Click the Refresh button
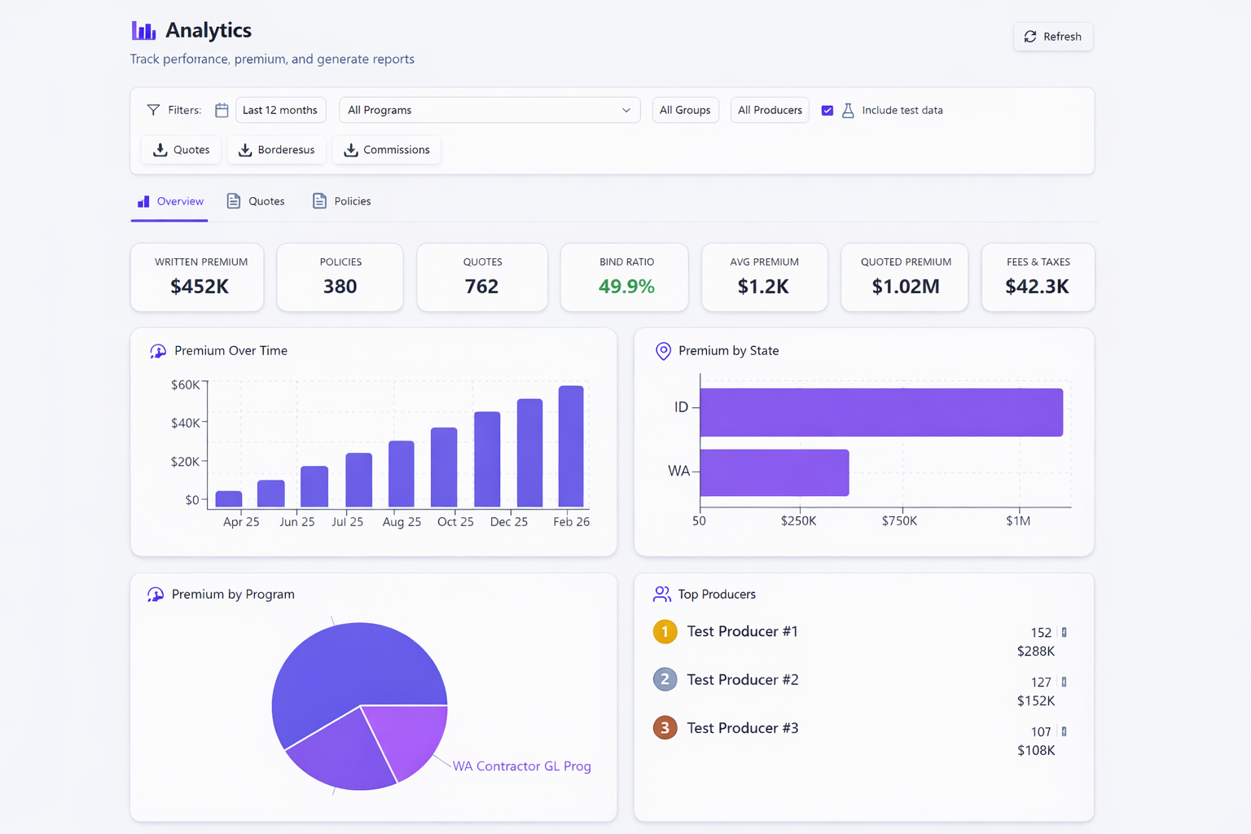(x=1053, y=37)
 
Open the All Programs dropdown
(x=489, y=110)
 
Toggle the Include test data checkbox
(x=827, y=110)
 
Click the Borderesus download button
(x=276, y=150)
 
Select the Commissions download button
(x=386, y=150)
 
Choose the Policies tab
(x=342, y=201)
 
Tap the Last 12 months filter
(x=280, y=110)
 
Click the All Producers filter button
(x=770, y=110)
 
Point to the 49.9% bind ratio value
(x=625, y=287)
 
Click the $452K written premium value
(x=200, y=287)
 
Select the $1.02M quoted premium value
(x=905, y=287)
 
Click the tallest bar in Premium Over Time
(x=571, y=446)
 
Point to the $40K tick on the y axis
(x=185, y=423)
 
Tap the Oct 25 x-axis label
(x=454, y=522)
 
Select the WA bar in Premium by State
(x=774, y=472)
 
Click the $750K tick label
(x=899, y=521)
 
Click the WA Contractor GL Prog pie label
(x=521, y=766)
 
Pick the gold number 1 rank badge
(x=665, y=632)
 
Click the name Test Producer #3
(x=742, y=728)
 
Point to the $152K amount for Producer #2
(x=1035, y=700)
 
